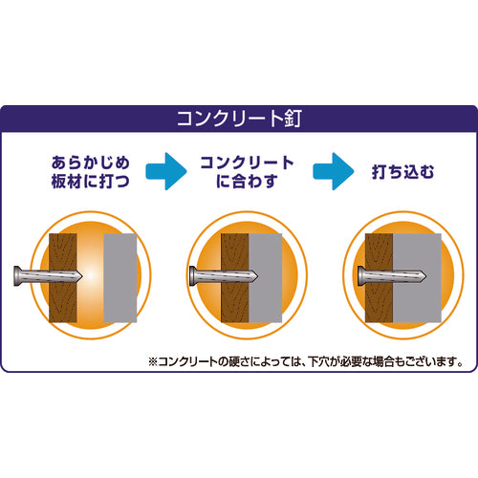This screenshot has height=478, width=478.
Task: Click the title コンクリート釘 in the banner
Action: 239,119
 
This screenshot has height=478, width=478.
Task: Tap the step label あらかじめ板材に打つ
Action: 91,172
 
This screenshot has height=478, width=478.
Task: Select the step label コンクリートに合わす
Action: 247,172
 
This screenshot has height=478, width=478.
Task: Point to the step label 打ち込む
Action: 402,172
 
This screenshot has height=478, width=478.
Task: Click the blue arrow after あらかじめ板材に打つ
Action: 166,171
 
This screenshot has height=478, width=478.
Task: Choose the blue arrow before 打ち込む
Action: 334,171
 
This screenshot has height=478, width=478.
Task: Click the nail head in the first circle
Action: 18,276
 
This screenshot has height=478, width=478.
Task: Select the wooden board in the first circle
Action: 63,278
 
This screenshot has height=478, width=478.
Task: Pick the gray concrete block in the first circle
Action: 120,278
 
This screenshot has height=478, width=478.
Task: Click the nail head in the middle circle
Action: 193,276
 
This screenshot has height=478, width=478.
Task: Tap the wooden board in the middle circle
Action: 235,278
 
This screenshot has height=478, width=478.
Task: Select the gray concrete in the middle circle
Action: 266,278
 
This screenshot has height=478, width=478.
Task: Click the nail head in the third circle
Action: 361,276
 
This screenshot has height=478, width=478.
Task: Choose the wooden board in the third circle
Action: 379,278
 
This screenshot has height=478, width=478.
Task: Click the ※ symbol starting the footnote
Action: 153,361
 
